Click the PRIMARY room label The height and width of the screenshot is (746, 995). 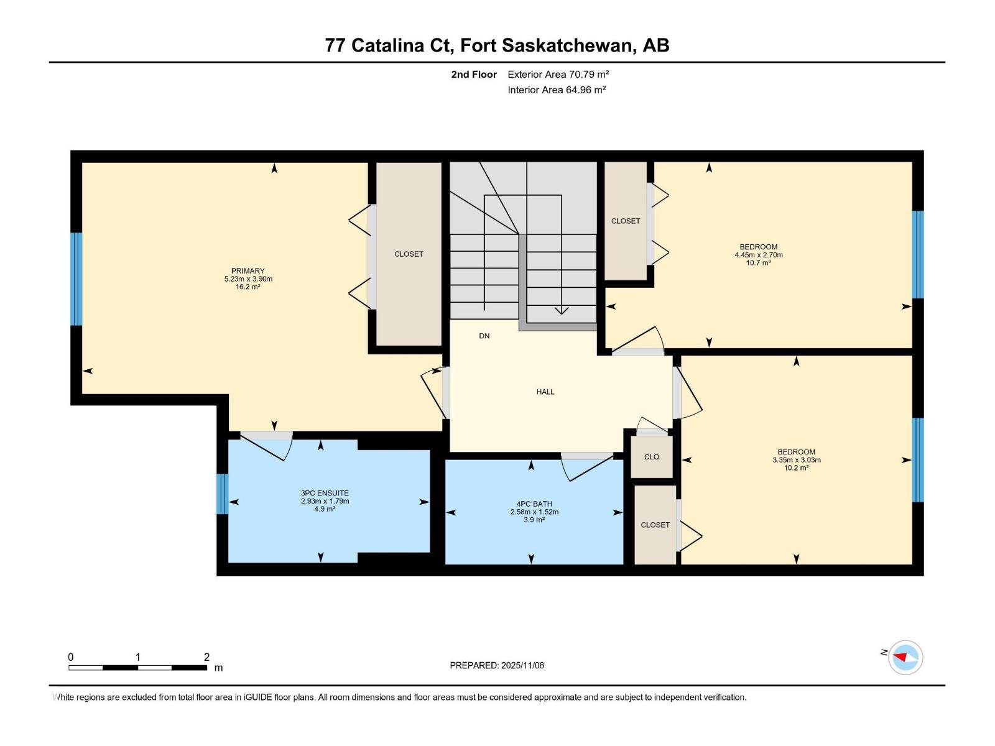(x=248, y=271)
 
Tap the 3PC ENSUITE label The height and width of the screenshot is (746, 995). (x=325, y=493)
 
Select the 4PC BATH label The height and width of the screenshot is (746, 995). (x=534, y=504)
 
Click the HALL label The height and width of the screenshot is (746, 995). (x=545, y=392)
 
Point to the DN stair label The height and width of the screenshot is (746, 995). (x=484, y=336)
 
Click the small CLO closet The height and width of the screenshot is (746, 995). (x=652, y=457)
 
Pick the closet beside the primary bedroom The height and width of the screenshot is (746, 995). (x=409, y=254)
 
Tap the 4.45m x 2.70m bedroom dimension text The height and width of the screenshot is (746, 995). (x=759, y=255)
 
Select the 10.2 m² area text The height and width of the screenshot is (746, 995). (x=796, y=468)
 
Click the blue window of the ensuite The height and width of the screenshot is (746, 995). (x=223, y=494)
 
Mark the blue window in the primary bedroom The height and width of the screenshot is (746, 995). (x=76, y=279)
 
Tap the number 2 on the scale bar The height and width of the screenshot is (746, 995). (x=206, y=657)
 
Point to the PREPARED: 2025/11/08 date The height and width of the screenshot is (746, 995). (x=497, y=665)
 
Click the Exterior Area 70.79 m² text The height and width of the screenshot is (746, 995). (x=558, y=74)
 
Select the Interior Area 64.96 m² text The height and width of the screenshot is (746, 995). (x=557, y=90)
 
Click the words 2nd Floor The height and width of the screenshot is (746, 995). (x=474, y=74)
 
